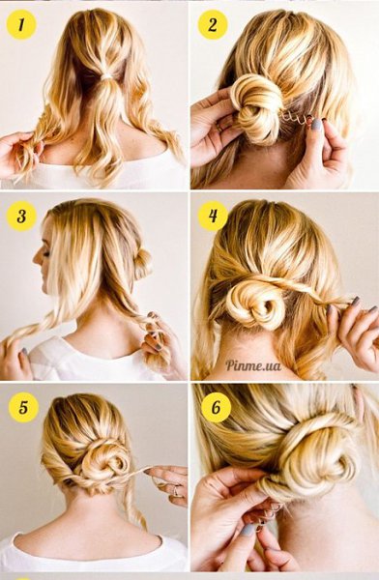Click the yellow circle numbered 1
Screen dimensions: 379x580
click(21, 25)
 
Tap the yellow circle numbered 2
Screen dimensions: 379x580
click(213, 25)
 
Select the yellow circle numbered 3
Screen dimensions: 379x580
click(21, 217)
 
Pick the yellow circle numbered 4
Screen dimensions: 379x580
click(213, 216)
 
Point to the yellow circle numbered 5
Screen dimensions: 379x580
click(23, 407)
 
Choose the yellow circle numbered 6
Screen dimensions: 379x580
click(217, 407)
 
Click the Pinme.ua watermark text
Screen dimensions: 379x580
click(253, 365)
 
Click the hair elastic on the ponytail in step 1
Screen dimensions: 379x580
click(107, 76)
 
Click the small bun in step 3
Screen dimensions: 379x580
click(142, 263)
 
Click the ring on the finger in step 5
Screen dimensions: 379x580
click(175, 491)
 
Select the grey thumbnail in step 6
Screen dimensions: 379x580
click(248, 530)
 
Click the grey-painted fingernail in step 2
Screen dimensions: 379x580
click(316, 125)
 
